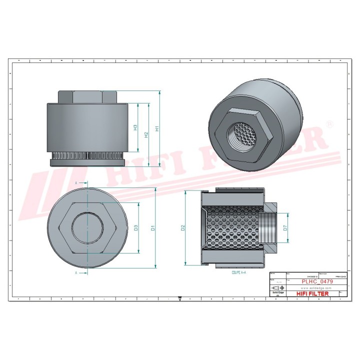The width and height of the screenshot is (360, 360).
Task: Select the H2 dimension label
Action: tap(145, 134)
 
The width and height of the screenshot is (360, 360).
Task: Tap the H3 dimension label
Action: tap(135, 128)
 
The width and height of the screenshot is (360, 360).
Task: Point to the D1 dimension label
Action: tap(153, 228)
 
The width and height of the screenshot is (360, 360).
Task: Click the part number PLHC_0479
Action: tap(316, 282)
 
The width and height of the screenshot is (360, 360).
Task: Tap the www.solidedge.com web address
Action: tap(316, 288)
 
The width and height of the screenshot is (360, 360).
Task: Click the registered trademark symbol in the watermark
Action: tap(329, 122)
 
